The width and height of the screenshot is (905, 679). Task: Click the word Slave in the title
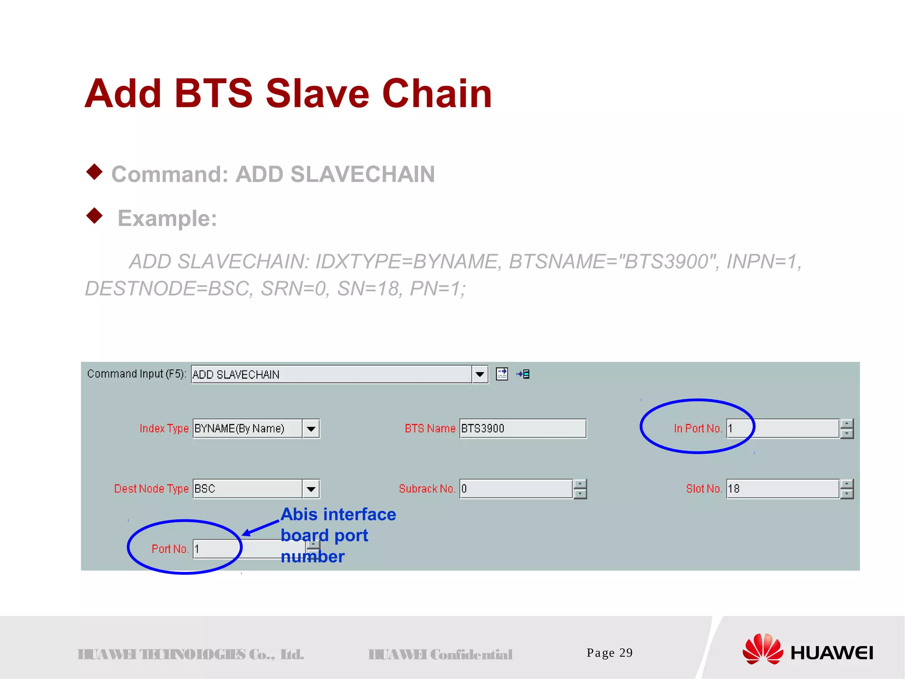(x=317, y=93)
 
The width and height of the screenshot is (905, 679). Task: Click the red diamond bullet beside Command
(x=94, y=172)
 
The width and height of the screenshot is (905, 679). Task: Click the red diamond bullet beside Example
(x=94, y=216)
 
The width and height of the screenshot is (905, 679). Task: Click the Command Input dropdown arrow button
(x=479, y=375)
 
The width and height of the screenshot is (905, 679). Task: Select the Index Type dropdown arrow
(x=311, y=429)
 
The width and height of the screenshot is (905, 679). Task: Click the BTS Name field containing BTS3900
(x=522, y=428)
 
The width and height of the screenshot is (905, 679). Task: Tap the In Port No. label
(x=697, y=428)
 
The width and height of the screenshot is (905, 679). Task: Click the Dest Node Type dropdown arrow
(x=311, y=489)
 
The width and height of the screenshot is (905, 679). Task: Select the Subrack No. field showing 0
(x=516, y=489)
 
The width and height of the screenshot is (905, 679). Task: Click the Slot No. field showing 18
(x=782, y=489)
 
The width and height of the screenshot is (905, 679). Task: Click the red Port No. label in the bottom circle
(x=170, y=549)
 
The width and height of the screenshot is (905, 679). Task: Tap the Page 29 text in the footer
(x=609, y=653)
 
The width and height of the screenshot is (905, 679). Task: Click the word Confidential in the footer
(x=471, y=655)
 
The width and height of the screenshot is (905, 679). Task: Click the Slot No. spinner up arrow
(x=847, y=484)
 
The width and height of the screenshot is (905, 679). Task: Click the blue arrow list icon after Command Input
(x=523, y=374)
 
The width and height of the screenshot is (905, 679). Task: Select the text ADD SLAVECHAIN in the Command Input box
(x=236, y=375)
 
